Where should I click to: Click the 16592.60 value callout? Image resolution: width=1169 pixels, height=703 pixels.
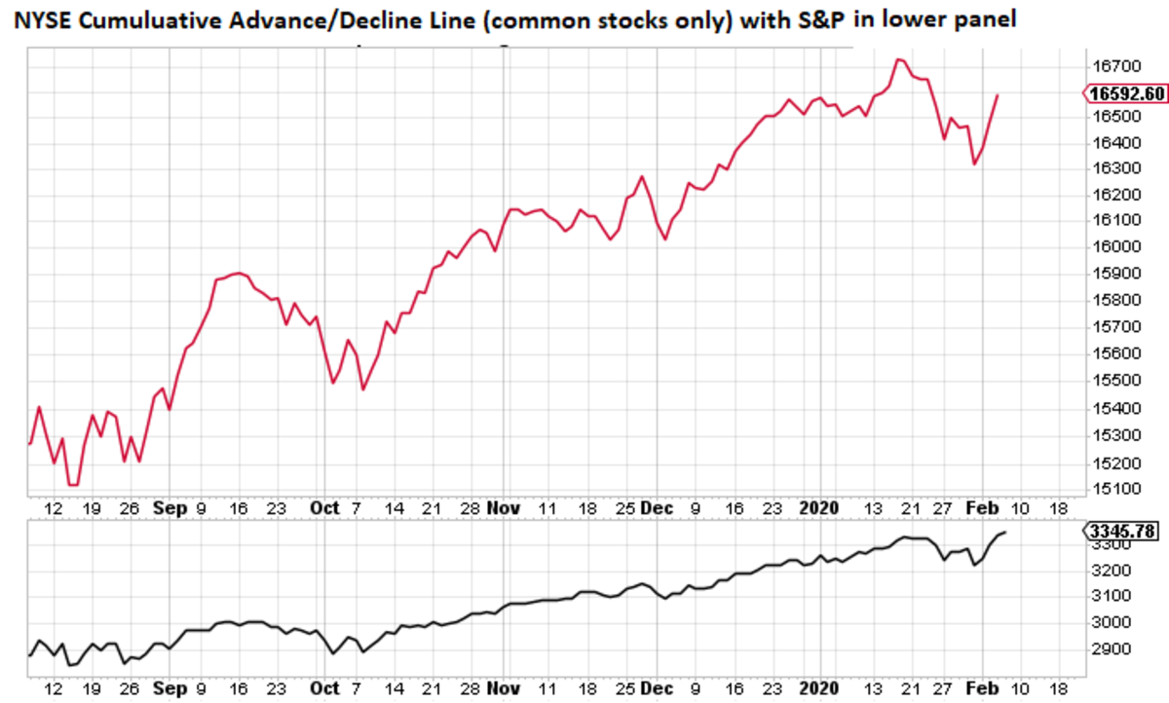[x=1126, y=94]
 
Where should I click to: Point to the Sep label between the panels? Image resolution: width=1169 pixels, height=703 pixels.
[x=170, y=508]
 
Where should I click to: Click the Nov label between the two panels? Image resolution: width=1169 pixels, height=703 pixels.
[x=505, y=508]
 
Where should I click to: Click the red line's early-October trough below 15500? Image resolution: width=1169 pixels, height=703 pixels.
[x=363, y=389]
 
